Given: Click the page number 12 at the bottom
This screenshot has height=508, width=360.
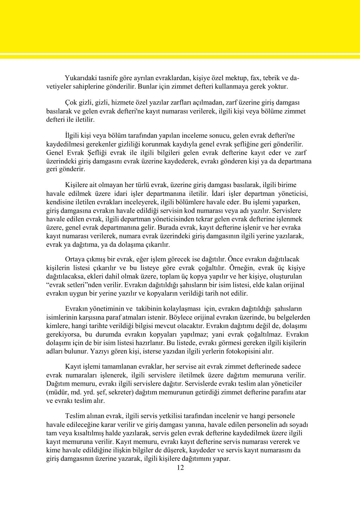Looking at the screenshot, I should click(x=180, y=468).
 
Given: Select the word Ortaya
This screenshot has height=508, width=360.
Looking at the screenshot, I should click(x=75, y=259).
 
